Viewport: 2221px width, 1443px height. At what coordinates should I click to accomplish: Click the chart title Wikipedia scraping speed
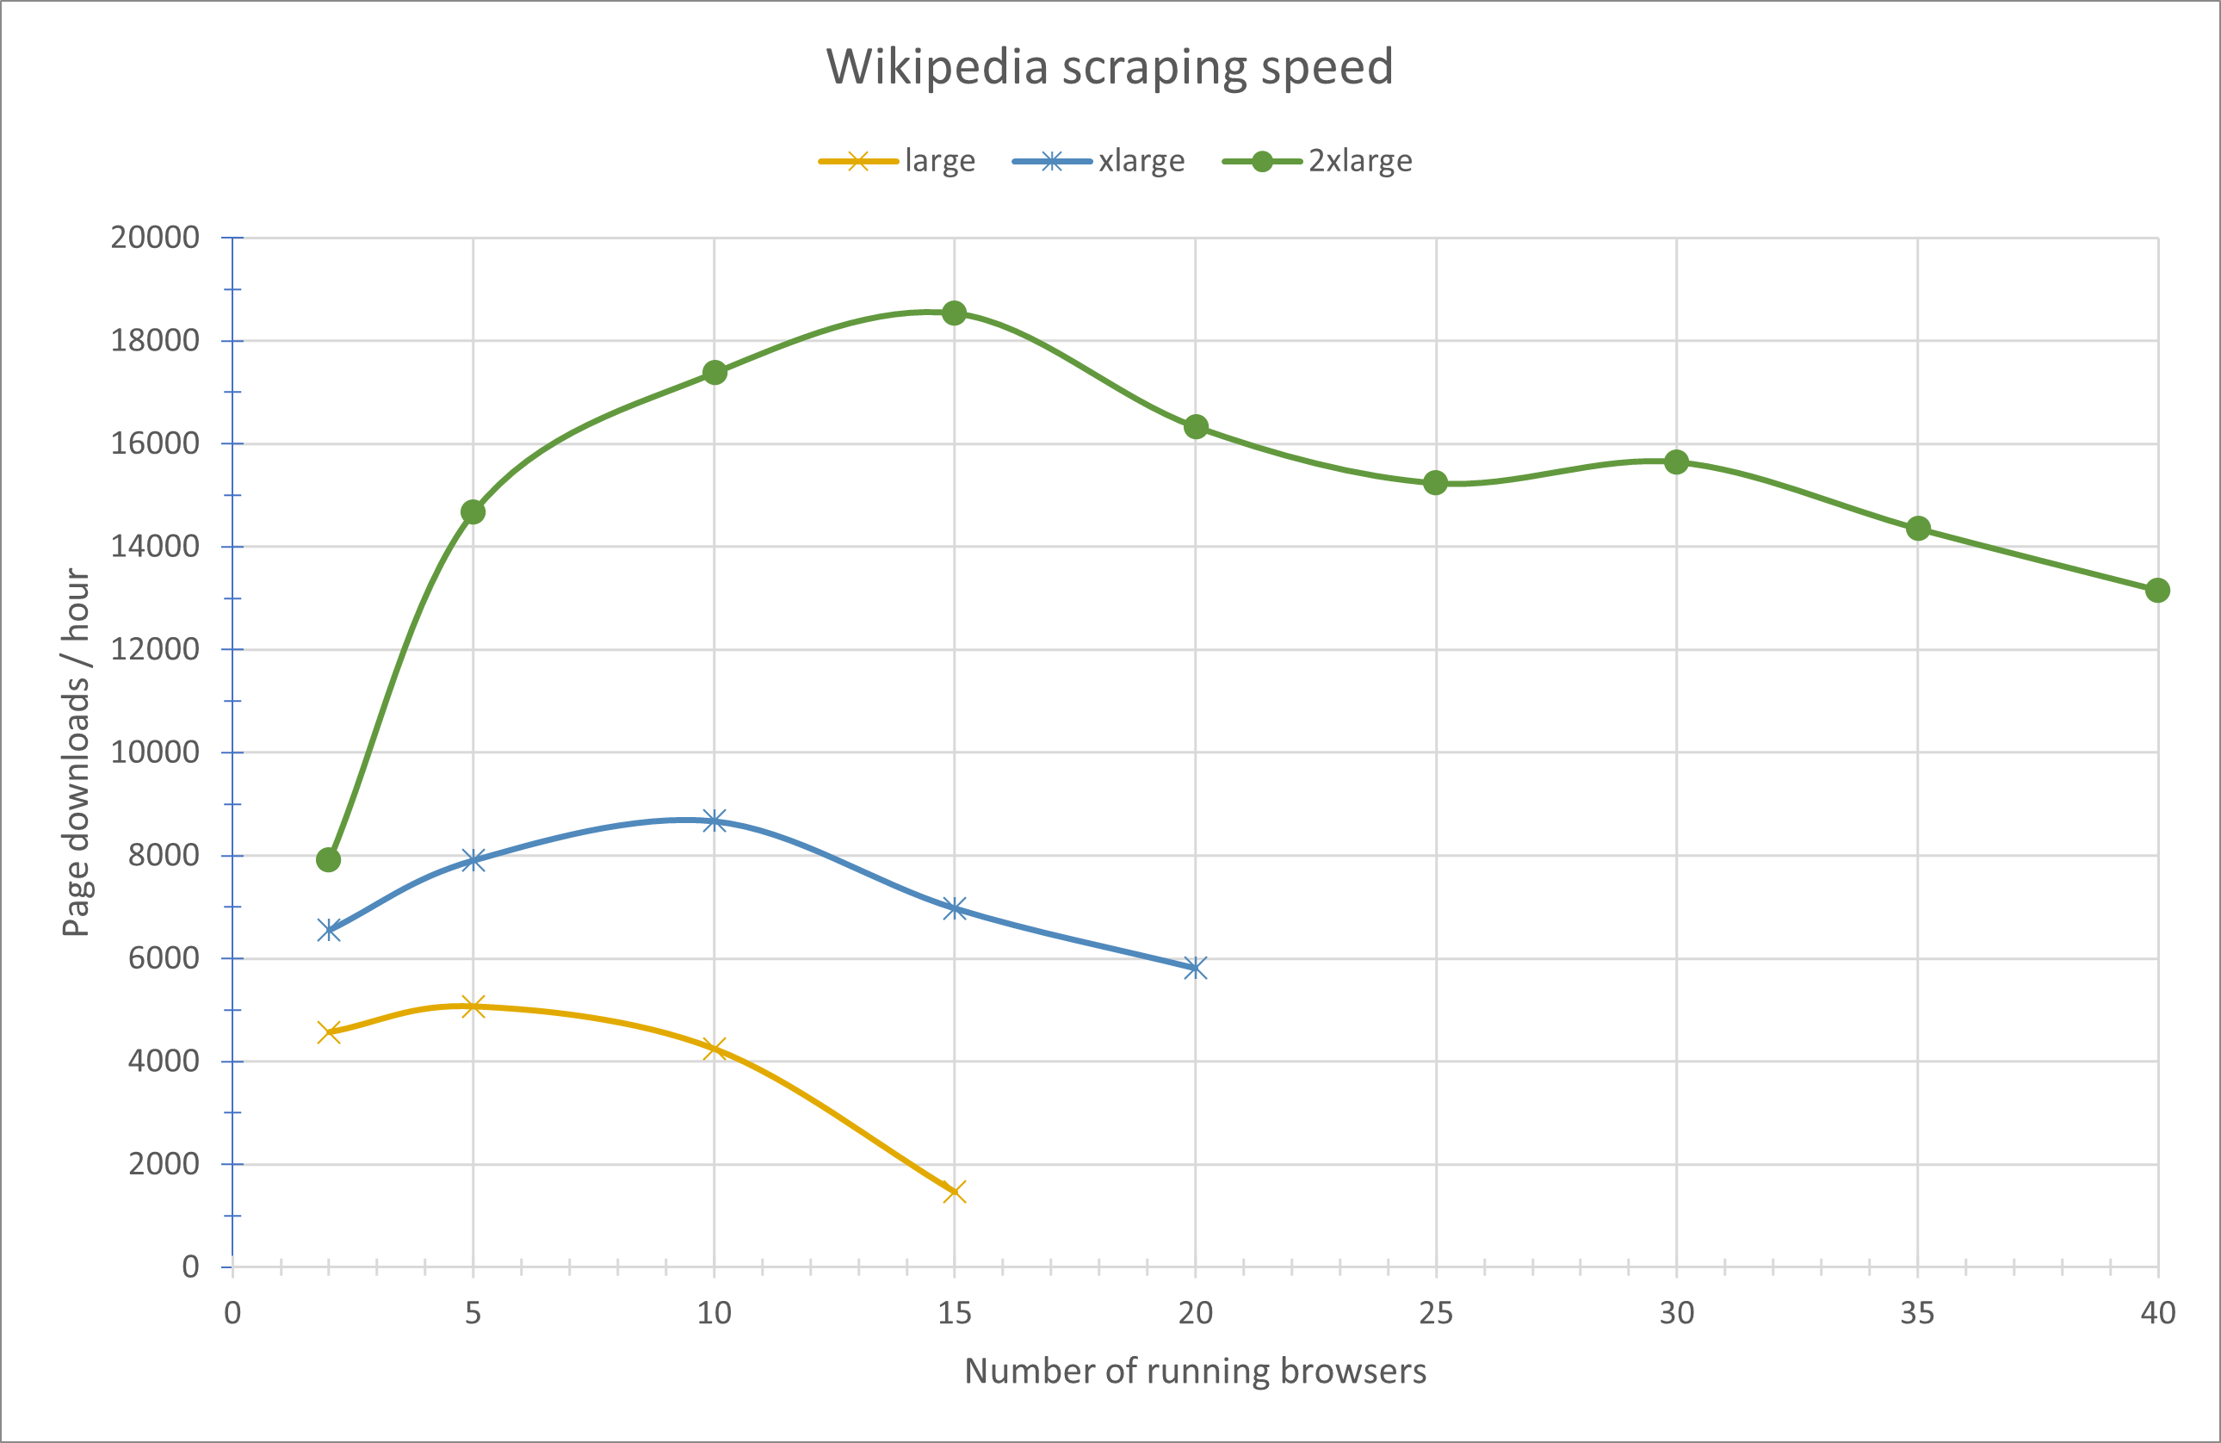pyautogui.click(x=1110, y=67)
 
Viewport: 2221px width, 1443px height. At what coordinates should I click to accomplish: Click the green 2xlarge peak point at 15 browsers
pyautogui.click(x=954, y=313)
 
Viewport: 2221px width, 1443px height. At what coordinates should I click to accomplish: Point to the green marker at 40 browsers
pyautogui.click(x=2156, y=590)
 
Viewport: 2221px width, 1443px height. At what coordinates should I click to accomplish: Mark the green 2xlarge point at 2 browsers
pyautogui.click(x=329, y=859)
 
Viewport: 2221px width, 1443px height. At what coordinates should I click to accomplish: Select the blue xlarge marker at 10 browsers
pyautogui.click(x=714, y=821)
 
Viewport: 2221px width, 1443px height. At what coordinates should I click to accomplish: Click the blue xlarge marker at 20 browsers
pyautogui.click(x=1196, y=967)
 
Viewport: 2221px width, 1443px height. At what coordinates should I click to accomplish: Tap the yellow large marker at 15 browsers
pyautogui.click(x=954, y=1191)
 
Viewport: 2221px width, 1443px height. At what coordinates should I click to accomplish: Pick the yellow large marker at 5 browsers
pyautogui.click(x=473, y=1006)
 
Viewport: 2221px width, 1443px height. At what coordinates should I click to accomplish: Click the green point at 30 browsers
pyautogui.click(x=1676, y=462)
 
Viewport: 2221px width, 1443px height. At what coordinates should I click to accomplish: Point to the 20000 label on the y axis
pyautogui.click(x=155, y=238)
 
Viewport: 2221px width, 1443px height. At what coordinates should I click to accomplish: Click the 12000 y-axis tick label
pyautogui.click(x=155, y=648)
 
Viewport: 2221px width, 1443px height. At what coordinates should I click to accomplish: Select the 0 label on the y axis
pyautogui.click(x=190, y=1266)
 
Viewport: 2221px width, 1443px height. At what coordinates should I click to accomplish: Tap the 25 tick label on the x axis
pyautogui.click(x=1435, y=1313)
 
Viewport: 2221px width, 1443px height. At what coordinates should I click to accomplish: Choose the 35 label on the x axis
pyautogui.click(x=1917, y=1313)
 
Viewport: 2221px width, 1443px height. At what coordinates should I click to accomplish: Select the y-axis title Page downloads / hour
pyautogui.click(x=76, y=752)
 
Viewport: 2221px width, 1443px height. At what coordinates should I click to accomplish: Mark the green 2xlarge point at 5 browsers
pyautogui.click(x=473, y=512)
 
